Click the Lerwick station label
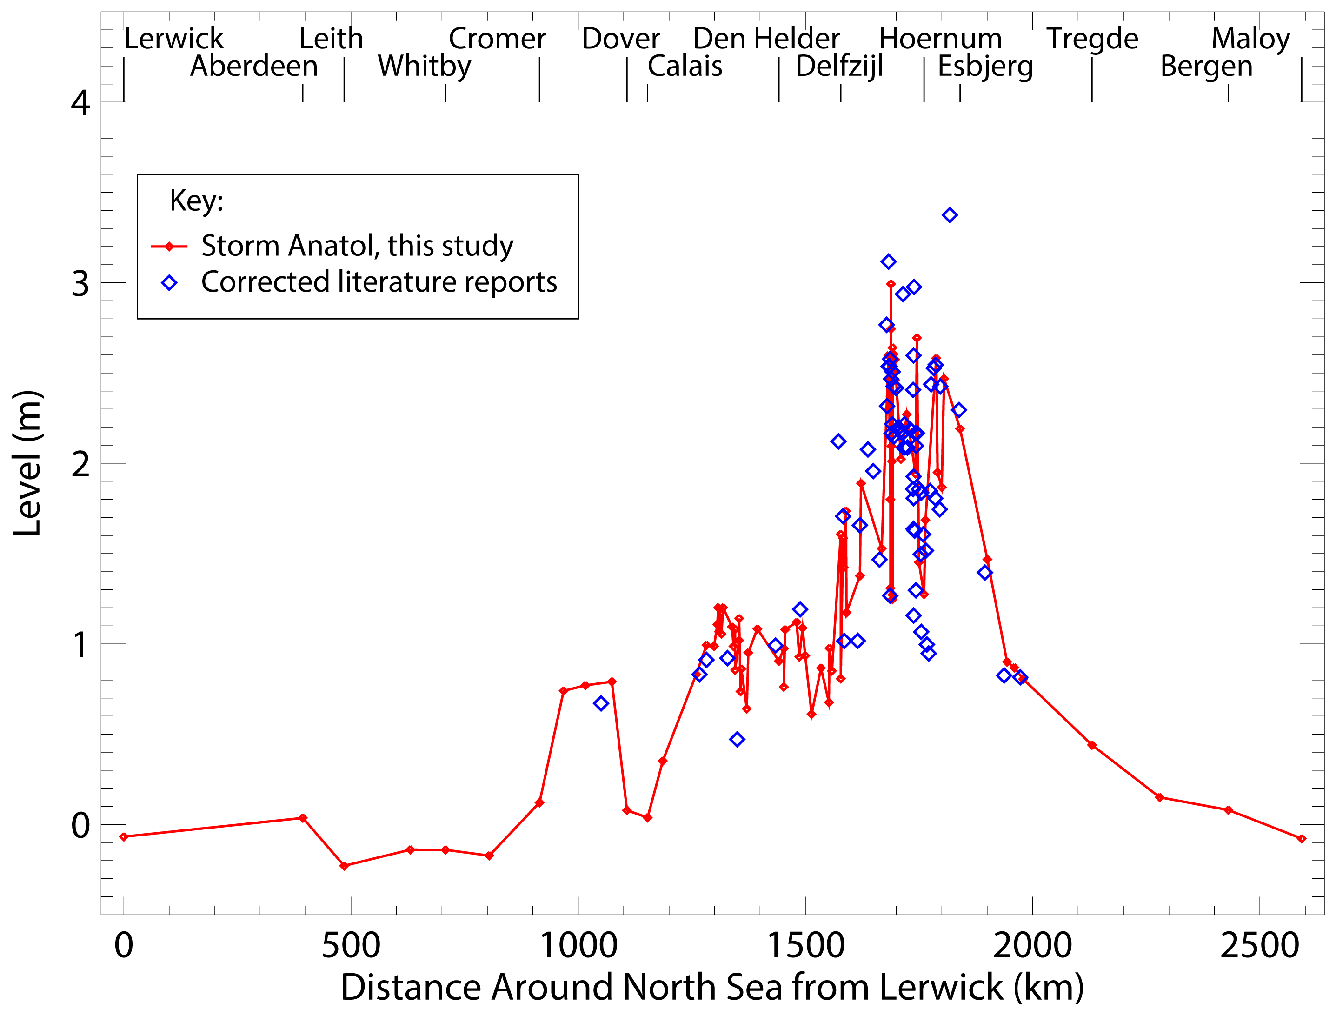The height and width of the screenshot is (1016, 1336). click(173, 39)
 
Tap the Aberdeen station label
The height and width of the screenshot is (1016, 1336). click(254, 66)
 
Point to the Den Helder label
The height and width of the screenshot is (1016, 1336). click(766, 39)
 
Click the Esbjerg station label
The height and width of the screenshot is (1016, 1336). click(985, 67)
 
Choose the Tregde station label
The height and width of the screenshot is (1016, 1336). click(1092, 39)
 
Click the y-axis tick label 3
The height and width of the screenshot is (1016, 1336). click(80, 284)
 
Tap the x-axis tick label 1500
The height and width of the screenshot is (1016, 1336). click(805, 946)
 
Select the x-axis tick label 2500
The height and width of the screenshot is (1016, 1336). click(1259, 946)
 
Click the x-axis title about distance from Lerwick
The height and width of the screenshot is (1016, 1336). click(711, 988)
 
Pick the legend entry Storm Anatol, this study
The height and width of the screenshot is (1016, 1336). click(357, 246)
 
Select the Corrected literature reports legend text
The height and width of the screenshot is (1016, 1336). click(379, 282)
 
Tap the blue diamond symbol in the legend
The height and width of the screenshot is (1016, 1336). click(169, 283)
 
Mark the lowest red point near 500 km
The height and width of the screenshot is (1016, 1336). click(345, 866)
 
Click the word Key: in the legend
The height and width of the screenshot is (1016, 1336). click(196, 201)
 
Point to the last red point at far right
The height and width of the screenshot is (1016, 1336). click(1302, 839)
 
